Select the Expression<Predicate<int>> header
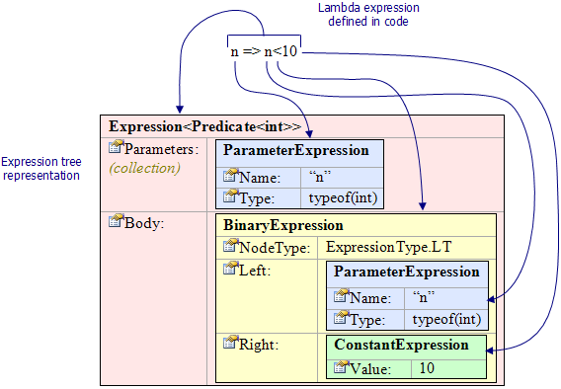coord(204,126)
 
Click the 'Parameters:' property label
coord(162,149)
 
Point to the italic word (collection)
coord(144,168)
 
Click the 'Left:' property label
coord(257,269)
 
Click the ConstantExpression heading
coord(401,346)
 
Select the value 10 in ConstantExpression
coord(427,368)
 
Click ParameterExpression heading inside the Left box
coord(406,272)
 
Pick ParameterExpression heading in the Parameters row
coord(296,151)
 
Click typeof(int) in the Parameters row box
coord(337,197)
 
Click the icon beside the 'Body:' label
coord(117,221)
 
